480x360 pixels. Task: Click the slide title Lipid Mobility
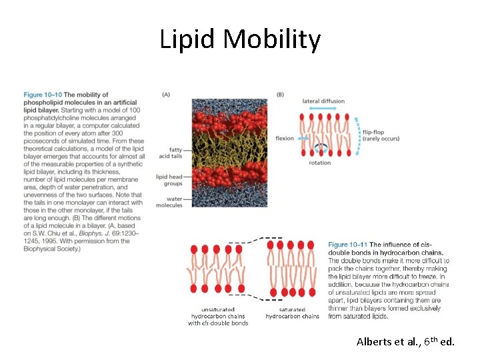[x=240, y=40]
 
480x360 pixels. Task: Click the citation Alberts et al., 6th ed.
[x=405, y=342]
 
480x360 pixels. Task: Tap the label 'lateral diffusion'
[x=323, y=101]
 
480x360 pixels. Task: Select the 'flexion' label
[x=285, y=139]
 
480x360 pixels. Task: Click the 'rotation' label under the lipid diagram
[x=320, y=163]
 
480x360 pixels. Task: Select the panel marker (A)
[x=165, y=95]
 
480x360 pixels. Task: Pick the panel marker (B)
[x=280, y=95]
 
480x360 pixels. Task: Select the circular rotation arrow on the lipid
[x=319, y=150]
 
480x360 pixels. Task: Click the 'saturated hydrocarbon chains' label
[x=292, y=313]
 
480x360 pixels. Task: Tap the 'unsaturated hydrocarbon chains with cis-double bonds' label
[x=218, y=317]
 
